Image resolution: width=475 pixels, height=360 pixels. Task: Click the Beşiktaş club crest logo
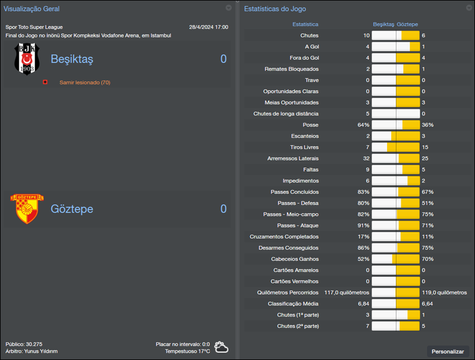click(x=26, y=59)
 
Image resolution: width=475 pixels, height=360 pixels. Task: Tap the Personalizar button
click(x=448, y=351)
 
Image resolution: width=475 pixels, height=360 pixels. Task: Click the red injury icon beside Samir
click(x=45, y=82)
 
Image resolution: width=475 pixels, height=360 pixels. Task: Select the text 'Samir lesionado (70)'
click(x=84, y=82)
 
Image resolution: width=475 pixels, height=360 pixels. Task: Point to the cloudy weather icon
click(x=221, y=347)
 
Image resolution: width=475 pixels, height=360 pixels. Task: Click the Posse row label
click(x=310, y=125)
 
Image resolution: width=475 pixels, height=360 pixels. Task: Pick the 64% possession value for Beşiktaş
click(x=363, y=125)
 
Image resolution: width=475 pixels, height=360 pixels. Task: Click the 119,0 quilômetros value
click(x=444, y=292)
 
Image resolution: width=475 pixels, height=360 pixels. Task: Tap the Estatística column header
click(x=305, y=24)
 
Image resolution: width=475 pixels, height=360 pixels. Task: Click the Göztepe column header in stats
click(x=407, y=24)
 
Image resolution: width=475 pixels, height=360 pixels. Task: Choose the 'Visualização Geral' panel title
click(x=31, y=9)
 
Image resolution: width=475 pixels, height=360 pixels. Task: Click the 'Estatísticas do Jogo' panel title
click(x=275, y=9)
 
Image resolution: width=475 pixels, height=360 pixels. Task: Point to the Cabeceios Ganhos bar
click(x=395, y=258)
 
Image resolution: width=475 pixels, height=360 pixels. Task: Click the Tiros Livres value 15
click(x=425, y=147)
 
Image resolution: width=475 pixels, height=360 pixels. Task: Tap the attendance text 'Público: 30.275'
click(x=24, y=344)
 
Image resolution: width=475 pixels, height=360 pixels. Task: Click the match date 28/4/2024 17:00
click(x=208, y=27)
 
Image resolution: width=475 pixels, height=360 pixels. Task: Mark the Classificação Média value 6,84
click(x=363, y=303)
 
